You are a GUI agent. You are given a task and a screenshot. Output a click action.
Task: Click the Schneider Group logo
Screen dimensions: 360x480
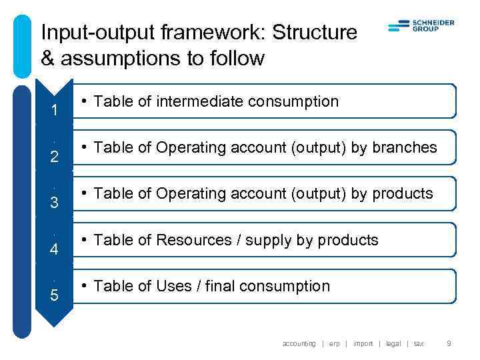click(421, 26)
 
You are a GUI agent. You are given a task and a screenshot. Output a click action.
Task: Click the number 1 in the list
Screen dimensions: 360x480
click(54, 111)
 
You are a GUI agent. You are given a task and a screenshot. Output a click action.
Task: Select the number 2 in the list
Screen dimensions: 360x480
click(54, 157)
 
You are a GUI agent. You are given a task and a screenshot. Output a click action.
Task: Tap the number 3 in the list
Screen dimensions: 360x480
click(54, 203)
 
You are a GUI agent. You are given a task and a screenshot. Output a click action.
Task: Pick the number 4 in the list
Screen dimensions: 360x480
click(54, 250)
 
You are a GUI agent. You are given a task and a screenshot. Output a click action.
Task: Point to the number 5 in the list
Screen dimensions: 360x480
click(54, 296)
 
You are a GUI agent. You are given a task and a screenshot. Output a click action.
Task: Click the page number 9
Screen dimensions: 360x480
click(449, 344)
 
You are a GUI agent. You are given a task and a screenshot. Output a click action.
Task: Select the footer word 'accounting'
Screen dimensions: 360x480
click(299, 344)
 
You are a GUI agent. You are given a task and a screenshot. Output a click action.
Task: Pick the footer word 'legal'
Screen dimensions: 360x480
click(393, 344)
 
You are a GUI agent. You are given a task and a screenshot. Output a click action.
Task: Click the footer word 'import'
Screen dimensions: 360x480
click(363, 344)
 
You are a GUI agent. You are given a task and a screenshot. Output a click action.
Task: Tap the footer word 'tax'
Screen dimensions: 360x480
click(419, 344)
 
